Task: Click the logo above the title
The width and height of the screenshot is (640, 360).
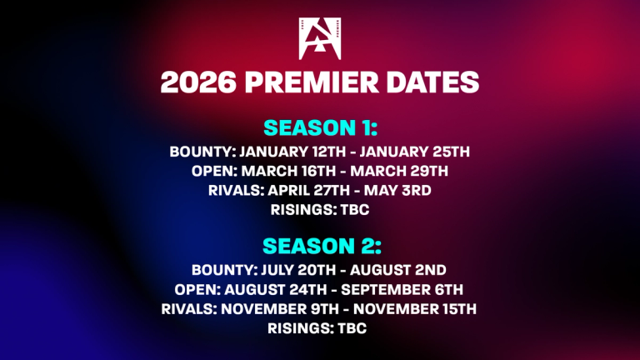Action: pos(320,39)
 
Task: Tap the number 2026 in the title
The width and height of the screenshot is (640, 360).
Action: pos(198,82)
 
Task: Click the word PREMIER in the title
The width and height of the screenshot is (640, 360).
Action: pos(312,82)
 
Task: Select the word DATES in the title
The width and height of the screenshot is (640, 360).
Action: pos(432,82)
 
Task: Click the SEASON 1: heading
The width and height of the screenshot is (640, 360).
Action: pos(320,127)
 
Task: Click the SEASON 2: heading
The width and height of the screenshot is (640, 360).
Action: pos(322,246)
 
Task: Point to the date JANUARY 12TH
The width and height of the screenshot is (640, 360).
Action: pos(292,152)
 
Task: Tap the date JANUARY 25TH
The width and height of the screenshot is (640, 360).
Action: pos(414,152)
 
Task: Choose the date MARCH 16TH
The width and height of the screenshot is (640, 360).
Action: pos(288,171)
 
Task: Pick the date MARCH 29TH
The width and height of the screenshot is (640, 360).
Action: pos(399,171)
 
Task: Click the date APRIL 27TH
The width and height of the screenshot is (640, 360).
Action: pos(308,191)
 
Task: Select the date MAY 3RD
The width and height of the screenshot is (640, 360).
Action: pos(397,191)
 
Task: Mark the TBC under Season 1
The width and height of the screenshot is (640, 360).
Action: pos(355,210)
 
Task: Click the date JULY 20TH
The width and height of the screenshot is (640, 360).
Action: pos(298,270)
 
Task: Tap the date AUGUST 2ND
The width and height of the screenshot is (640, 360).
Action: pos(398,270)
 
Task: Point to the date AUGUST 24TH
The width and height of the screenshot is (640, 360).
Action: pos(276,290)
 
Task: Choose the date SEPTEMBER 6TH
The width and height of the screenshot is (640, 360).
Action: pos(402,290)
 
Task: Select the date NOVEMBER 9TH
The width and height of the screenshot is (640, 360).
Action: pos(280,309)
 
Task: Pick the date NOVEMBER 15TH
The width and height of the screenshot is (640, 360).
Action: pos(415,309)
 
